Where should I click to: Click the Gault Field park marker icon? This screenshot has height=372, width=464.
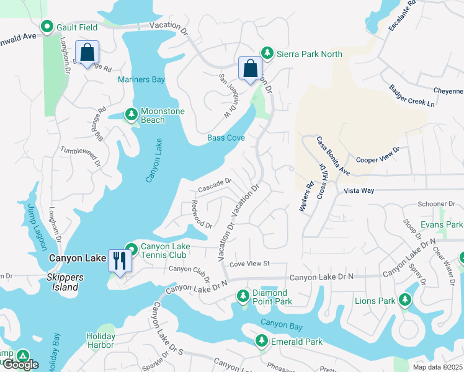pyautogui.click(x=47, y=27)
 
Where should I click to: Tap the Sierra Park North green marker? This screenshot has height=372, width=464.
pyautogui.click(x=267, y=53)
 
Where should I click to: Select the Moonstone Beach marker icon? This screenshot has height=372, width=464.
pyautogui.click(x=131, y=114)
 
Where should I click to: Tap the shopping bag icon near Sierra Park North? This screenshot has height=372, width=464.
pyautogui.click(x=250, y=68)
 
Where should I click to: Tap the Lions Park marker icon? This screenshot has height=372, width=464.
pyautogui.click(x=405, y=301)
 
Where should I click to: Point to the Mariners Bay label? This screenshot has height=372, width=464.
pyautogui.click(x=141, y=79)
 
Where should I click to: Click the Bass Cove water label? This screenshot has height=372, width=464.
pyautogui.click(x=226, y=138)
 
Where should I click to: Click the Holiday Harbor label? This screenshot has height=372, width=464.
pyautogui.click(x=100, y=340)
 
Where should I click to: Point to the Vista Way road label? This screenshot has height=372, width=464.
pyautogui.click(x=359, y=190)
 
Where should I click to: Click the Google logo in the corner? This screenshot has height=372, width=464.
pyautogui.click(x=20, y=365)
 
